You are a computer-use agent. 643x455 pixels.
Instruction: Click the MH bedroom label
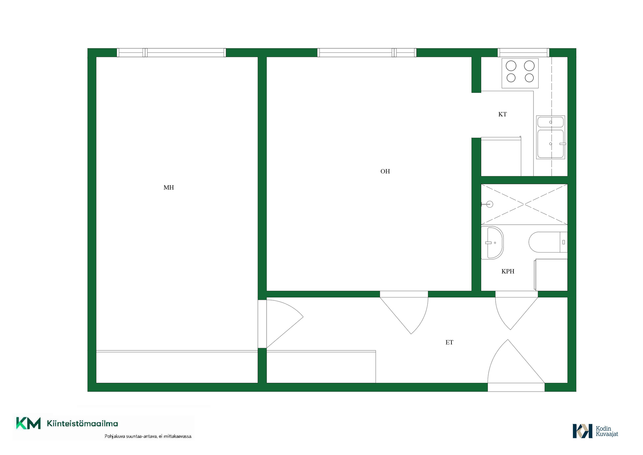168,187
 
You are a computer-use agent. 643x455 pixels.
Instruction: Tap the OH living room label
385,171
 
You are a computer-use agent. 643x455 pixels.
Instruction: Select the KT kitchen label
502,114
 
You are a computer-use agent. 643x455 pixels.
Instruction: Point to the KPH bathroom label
508,271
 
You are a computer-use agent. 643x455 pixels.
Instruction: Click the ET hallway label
449,342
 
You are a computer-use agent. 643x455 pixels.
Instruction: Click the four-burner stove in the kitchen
520,73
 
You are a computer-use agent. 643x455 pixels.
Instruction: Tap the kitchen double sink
551,137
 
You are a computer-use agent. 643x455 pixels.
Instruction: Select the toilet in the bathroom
548,242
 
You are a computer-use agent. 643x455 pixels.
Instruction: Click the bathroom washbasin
492,243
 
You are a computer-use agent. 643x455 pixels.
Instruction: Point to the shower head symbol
488,204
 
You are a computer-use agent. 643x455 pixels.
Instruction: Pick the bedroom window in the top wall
171,53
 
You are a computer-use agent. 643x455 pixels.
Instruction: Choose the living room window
367,53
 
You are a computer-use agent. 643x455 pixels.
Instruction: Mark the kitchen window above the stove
523,53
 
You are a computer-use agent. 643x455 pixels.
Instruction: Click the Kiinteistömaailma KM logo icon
28,423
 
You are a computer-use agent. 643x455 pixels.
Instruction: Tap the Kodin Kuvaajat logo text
607,431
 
